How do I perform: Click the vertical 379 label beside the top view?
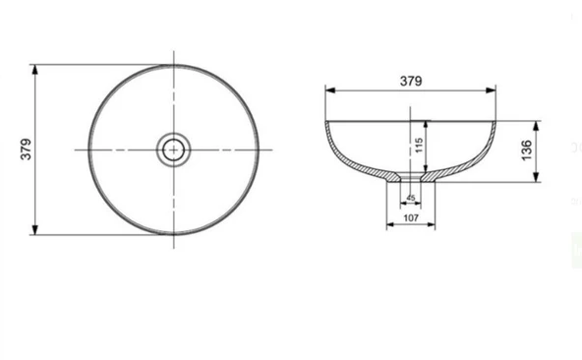27,150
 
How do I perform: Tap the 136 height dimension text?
526,150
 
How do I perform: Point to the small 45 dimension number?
409,198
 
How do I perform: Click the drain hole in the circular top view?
174,150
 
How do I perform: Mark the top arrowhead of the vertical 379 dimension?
36,68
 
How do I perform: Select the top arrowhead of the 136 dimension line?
537,124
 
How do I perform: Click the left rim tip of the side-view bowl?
326,121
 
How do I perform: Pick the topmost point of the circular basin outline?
174,65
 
